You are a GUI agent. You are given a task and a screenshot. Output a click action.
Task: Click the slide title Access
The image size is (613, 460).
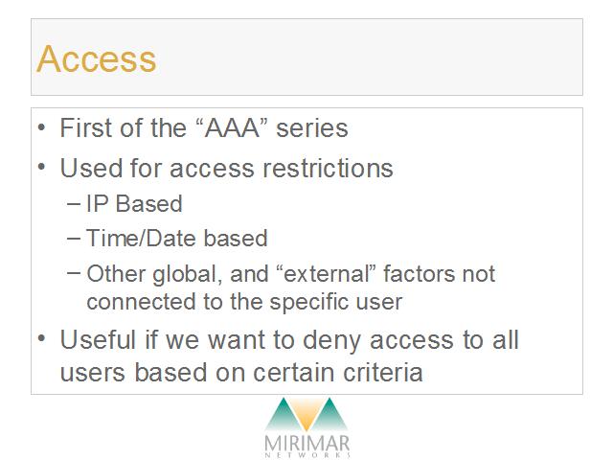pyautogui.click(x=96, y=58)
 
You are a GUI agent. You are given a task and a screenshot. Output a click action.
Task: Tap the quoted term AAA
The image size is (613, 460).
pyautogui.click(x=232, y=127)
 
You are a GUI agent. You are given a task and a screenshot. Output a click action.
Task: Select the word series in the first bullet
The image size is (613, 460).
pyautogui.click(x=312, y=128)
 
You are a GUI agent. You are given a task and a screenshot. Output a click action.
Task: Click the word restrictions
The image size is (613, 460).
pyautogui.click(x=328, y=169)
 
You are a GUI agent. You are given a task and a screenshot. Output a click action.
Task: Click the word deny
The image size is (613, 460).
pyautogui.click(x=331, y=340)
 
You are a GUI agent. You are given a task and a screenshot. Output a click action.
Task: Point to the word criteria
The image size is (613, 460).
pyautogui.click(x=383, y=372)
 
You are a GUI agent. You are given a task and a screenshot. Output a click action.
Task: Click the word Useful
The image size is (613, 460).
pyautogui.click(x=98, y=339)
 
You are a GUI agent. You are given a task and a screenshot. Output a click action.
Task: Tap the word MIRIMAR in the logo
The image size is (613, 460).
pyautogui.click(x=306, y=444)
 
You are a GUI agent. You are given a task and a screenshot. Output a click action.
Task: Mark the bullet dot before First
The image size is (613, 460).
pyautogui.click(x=41, y=127)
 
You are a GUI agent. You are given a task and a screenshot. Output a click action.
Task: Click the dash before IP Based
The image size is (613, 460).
pyautogui.click(x=74, y=204)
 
